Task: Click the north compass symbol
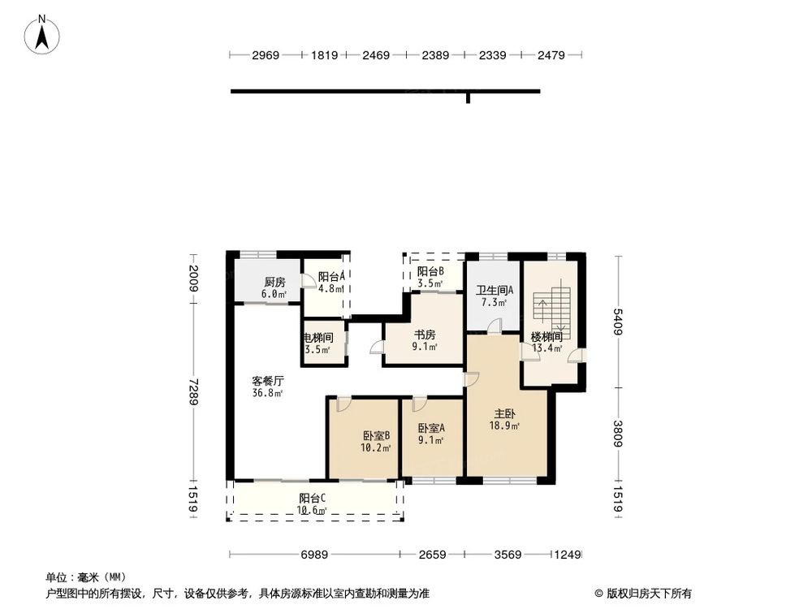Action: [42, 36]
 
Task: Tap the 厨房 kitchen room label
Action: [274, 282]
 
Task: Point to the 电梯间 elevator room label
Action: [317, 338]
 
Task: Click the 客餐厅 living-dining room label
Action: [267, 380]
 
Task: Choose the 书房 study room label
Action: [425, 335]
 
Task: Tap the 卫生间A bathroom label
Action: [492, 290]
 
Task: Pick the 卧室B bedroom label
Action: [377, 434]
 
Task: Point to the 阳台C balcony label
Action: [312, 498]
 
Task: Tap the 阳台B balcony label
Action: [430, 272]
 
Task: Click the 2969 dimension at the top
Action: [266, 56]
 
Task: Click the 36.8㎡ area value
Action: [267, 394]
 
